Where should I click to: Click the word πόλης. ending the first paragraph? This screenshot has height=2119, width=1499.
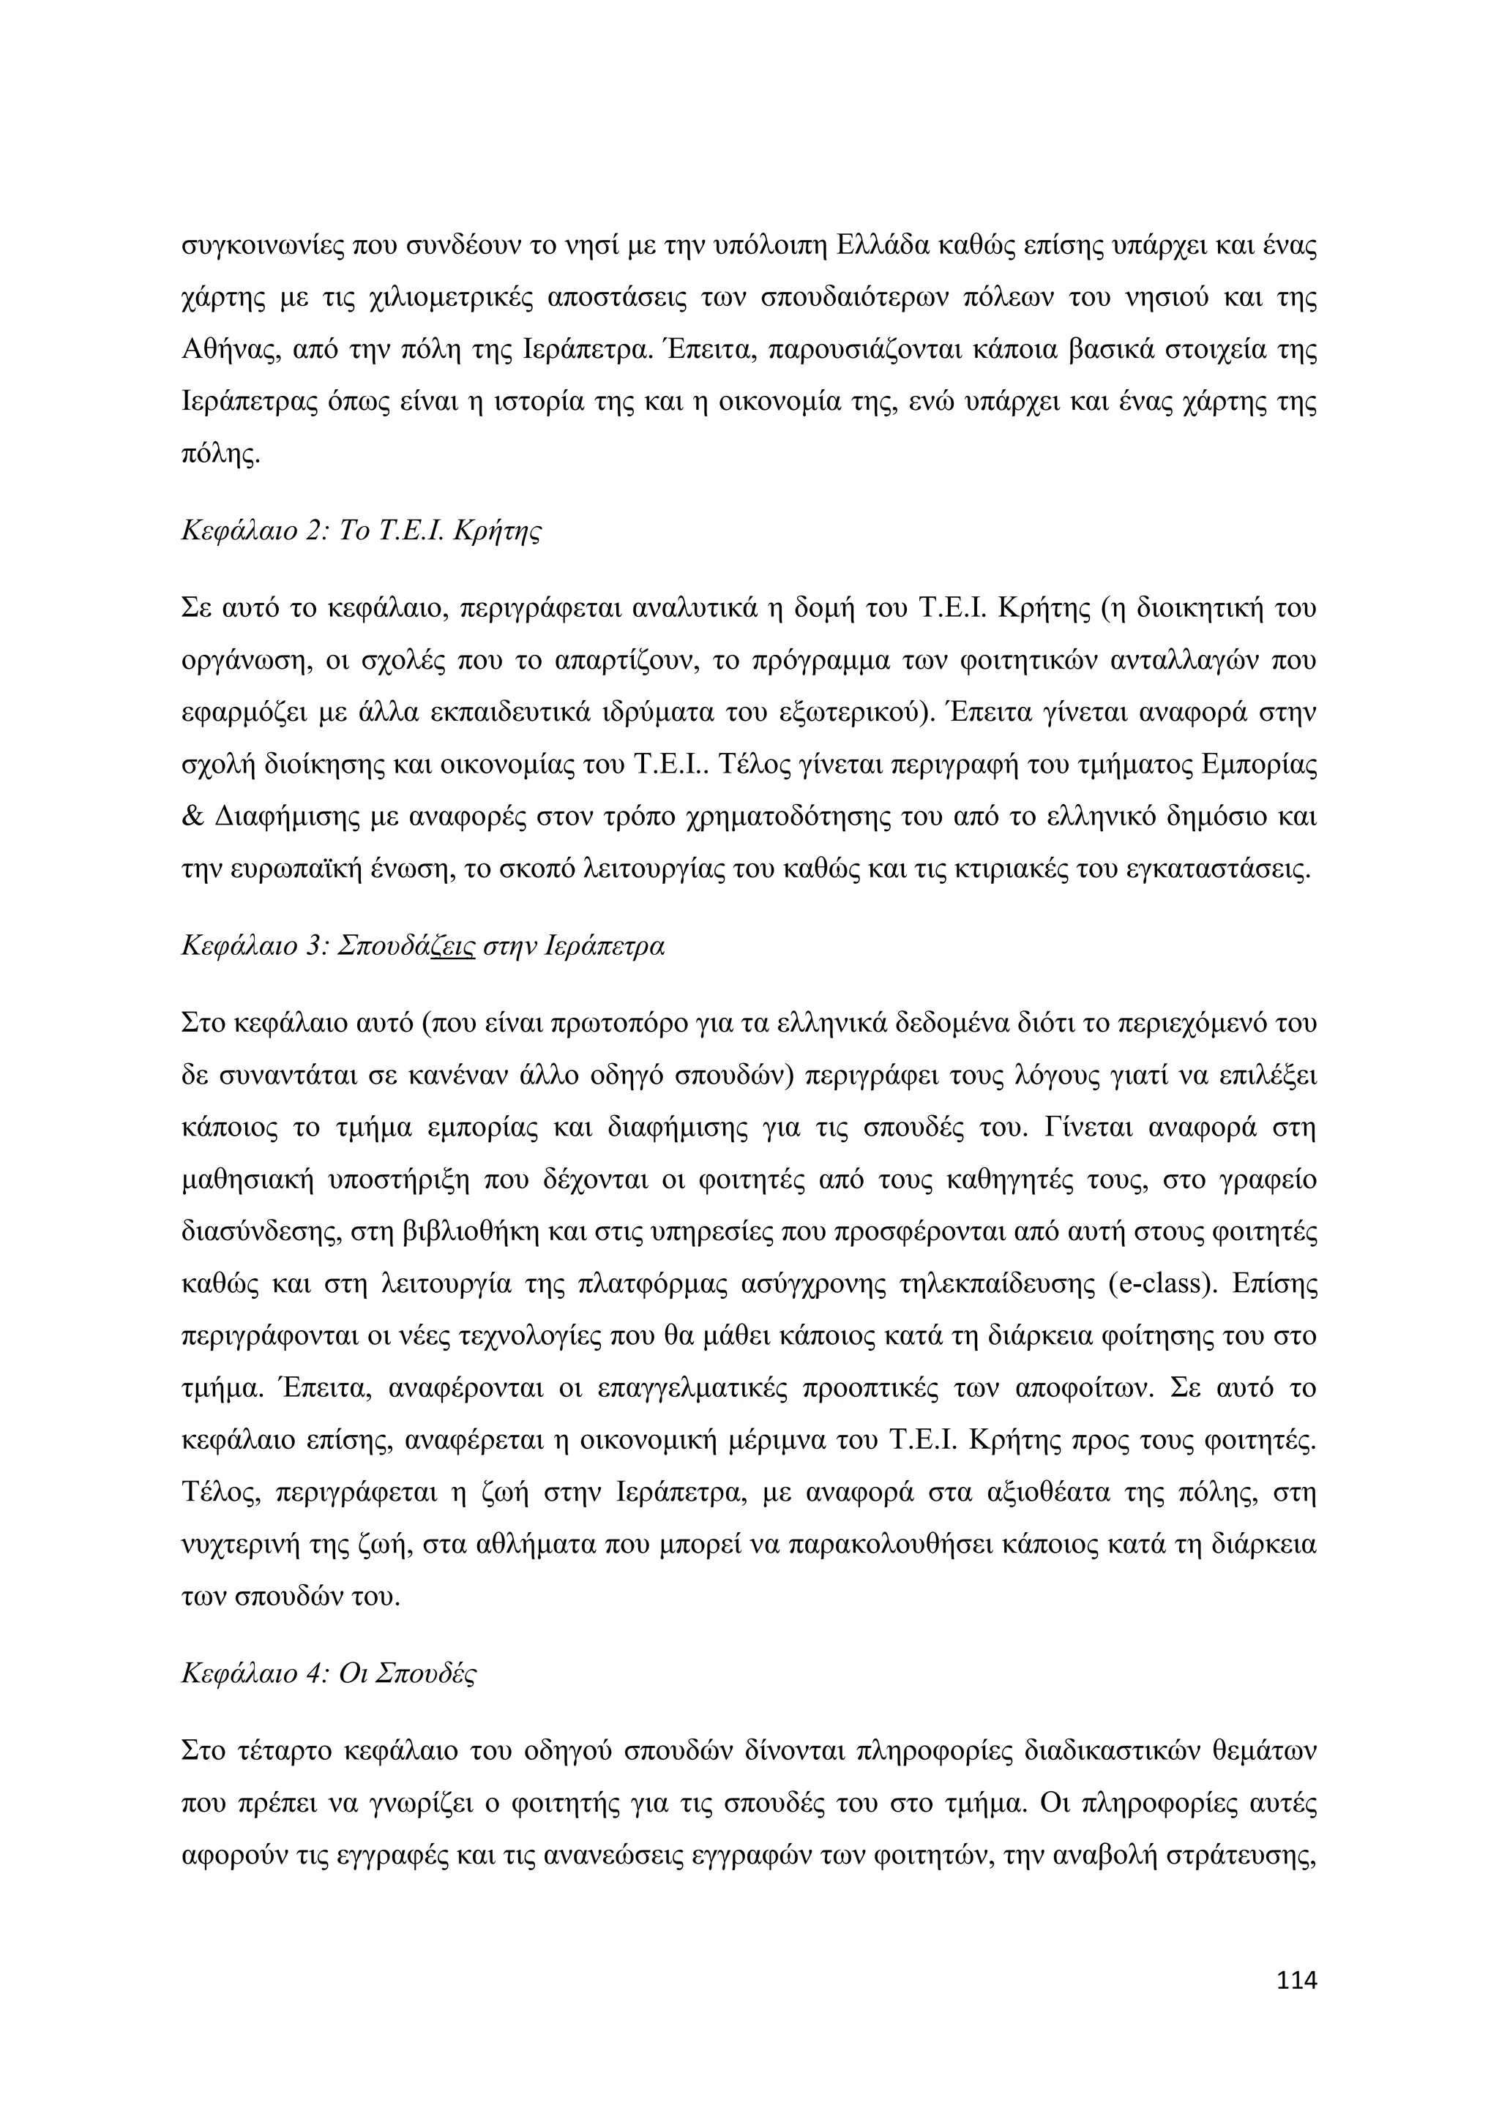(220, 455)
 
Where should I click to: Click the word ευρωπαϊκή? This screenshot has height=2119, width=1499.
(287, 869)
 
